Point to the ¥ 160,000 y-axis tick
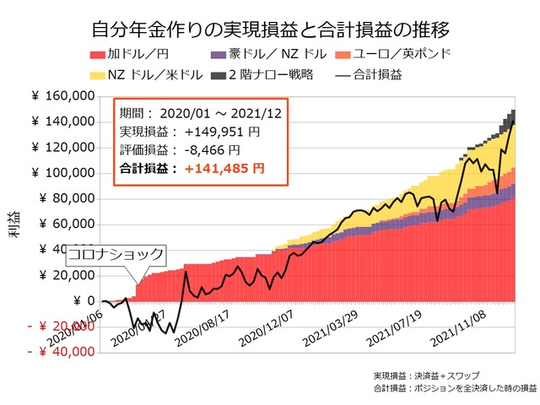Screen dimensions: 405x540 coord(66,97)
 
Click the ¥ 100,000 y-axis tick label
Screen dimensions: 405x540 coord(66,173)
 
